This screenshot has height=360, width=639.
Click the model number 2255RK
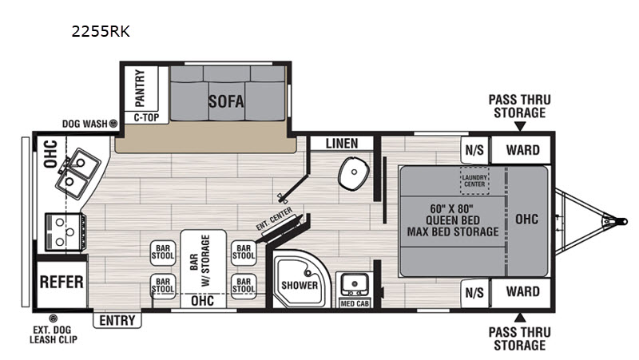101,31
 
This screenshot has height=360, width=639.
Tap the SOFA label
226,101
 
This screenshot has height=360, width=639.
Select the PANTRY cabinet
141,89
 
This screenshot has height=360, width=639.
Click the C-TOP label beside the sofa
146,117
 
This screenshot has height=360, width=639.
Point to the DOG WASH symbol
113,123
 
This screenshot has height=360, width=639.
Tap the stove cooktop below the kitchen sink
65,232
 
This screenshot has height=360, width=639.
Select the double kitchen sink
78,173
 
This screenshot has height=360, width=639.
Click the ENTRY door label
117,321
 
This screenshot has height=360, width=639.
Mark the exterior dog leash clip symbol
53,318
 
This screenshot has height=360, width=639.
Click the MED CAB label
354,303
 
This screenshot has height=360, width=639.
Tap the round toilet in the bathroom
354,173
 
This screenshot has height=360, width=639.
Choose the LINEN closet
342,144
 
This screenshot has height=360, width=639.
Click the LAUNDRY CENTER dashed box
474,180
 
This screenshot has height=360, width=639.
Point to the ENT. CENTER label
274,219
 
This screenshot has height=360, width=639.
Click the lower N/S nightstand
474,293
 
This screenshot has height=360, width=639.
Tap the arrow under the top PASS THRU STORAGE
520,127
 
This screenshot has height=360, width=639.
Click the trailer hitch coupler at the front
619,222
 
